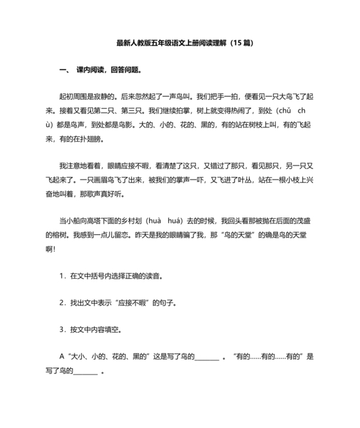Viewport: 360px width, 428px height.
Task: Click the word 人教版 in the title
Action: click(x=143, y=44)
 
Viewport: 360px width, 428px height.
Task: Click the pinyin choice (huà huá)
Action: click(x=165, y=219)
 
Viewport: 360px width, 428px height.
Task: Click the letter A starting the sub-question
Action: click(x=61, y=356)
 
